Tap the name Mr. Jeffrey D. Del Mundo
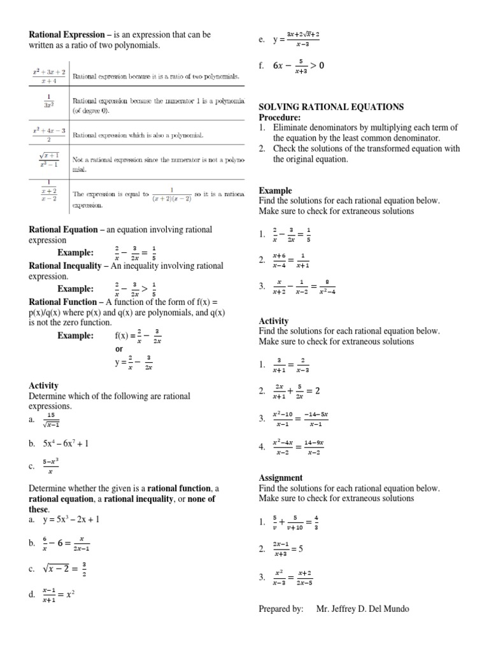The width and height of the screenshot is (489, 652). coord(362,609)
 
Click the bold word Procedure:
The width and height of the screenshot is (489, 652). coord(279,117)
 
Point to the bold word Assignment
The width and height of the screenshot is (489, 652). coord(281,478)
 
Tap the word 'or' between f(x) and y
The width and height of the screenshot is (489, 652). coord(119,350)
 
